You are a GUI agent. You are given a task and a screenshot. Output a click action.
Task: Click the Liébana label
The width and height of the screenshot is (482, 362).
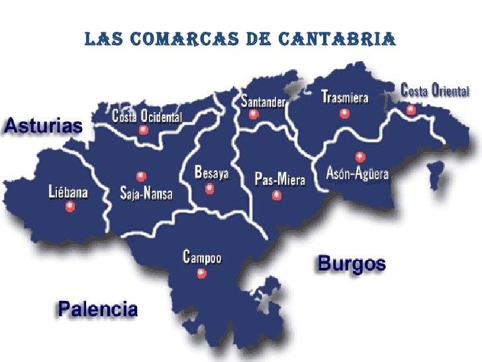tap(69, 193)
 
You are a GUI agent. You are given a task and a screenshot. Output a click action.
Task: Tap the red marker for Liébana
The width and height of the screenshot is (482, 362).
tap(70, 207)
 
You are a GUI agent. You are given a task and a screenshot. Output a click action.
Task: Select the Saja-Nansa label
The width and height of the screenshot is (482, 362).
tap(146, 194)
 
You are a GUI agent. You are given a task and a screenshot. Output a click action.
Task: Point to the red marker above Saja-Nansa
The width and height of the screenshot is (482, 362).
tap(140, 176)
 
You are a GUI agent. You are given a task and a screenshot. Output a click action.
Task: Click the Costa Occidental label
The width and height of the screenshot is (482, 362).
tap(147, 117)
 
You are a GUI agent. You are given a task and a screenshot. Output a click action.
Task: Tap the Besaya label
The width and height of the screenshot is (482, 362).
tap(211, 173)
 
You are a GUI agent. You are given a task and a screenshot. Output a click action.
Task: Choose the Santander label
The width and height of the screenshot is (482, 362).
tap(263, 101)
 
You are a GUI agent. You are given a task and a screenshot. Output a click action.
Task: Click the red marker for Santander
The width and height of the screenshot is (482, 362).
tap(253, 114)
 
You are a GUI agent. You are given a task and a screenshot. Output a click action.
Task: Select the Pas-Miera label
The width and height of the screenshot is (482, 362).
tap(280, 179)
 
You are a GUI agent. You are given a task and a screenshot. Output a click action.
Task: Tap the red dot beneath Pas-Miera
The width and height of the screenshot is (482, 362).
tap(277, 195)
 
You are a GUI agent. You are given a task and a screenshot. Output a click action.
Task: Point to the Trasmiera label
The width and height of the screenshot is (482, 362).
tap(344, 97)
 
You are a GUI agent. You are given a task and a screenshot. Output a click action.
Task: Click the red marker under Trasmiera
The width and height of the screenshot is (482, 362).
tap(344, 113)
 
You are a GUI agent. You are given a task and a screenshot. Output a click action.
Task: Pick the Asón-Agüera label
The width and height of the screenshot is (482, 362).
tap(358, 174)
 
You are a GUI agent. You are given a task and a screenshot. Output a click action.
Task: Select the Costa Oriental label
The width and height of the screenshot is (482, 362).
tap(435, 90)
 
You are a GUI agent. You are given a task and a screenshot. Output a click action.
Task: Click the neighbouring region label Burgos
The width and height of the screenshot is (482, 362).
tap(352, 263)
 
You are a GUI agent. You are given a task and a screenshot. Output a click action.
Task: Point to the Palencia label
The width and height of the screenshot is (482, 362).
tap(99, 309)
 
